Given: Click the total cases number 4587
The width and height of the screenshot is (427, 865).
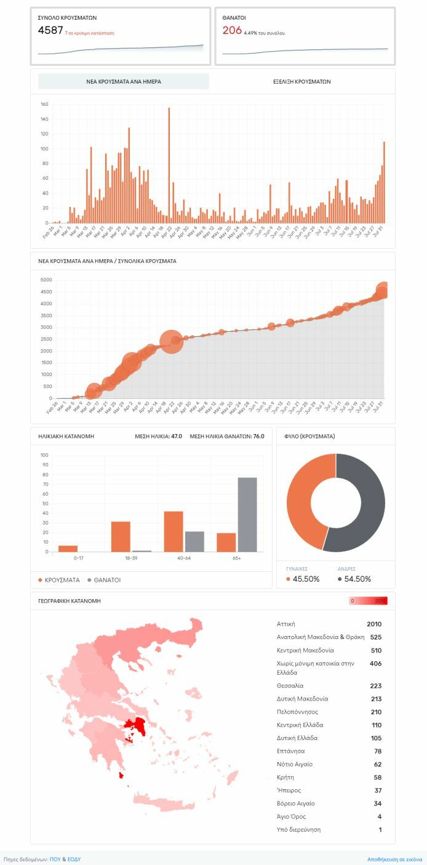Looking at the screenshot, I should click(x=50, y=31).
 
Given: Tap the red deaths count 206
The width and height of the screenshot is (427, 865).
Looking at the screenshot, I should click(x=232, y=31).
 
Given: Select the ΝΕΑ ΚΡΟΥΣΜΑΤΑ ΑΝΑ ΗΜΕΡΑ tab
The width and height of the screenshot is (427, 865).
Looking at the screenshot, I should click(x=124, y=81).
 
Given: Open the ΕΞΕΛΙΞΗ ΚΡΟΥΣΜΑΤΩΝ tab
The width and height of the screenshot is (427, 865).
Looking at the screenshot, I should click(x=301, y=81).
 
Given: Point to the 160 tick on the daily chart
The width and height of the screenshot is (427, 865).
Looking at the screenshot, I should click(x=44, y=104).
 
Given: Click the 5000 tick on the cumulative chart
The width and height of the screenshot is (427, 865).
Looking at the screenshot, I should click(x=46, y=280).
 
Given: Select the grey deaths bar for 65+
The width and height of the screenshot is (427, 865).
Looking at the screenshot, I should click(x=247, y=514).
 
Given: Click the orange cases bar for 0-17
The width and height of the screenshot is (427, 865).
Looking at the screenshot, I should click(x=68, y=549).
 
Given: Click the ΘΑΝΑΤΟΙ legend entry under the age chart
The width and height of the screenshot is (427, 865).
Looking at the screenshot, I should click(x=106, y=580).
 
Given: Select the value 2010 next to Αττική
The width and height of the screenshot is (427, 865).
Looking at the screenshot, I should click(x=374, y=624).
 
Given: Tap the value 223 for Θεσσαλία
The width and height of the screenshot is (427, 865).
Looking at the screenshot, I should click(x=375, y=686).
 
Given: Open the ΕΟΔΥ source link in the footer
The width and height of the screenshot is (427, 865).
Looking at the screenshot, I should click(x=74, y=859).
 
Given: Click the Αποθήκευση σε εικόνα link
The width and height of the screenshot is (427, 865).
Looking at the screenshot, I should click(x=394, y=859).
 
